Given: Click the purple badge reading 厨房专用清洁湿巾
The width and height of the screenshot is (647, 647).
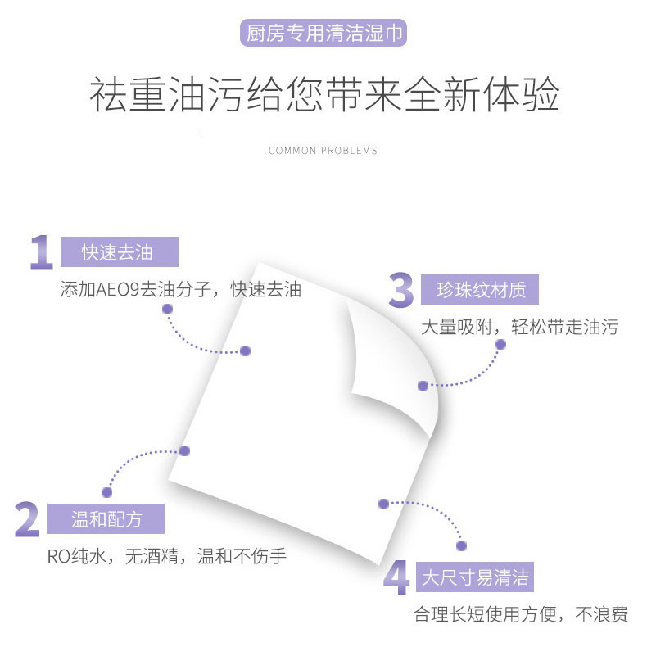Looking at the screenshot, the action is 323,34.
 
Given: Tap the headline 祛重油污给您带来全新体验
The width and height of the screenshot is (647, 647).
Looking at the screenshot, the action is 323,95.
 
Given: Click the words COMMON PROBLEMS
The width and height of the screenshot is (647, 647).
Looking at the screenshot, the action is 323,151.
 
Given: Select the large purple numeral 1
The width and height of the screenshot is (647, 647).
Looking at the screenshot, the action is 41,252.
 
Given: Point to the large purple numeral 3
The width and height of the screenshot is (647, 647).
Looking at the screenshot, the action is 400,292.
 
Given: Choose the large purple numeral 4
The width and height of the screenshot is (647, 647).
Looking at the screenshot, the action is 396,578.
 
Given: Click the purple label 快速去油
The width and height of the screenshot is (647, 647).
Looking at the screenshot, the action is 118,252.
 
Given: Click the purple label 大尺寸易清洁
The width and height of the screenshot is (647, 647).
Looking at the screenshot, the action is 475,578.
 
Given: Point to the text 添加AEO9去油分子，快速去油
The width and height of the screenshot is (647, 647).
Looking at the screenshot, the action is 181,290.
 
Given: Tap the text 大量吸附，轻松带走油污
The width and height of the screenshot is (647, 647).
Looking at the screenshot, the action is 519,328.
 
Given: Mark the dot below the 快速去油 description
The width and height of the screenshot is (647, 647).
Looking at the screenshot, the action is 167,310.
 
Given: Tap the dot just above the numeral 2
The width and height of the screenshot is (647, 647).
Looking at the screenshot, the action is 106,492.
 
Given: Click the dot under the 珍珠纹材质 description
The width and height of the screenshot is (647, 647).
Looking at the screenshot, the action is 500,345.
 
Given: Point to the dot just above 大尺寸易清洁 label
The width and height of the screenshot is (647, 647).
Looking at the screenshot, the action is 461,545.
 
